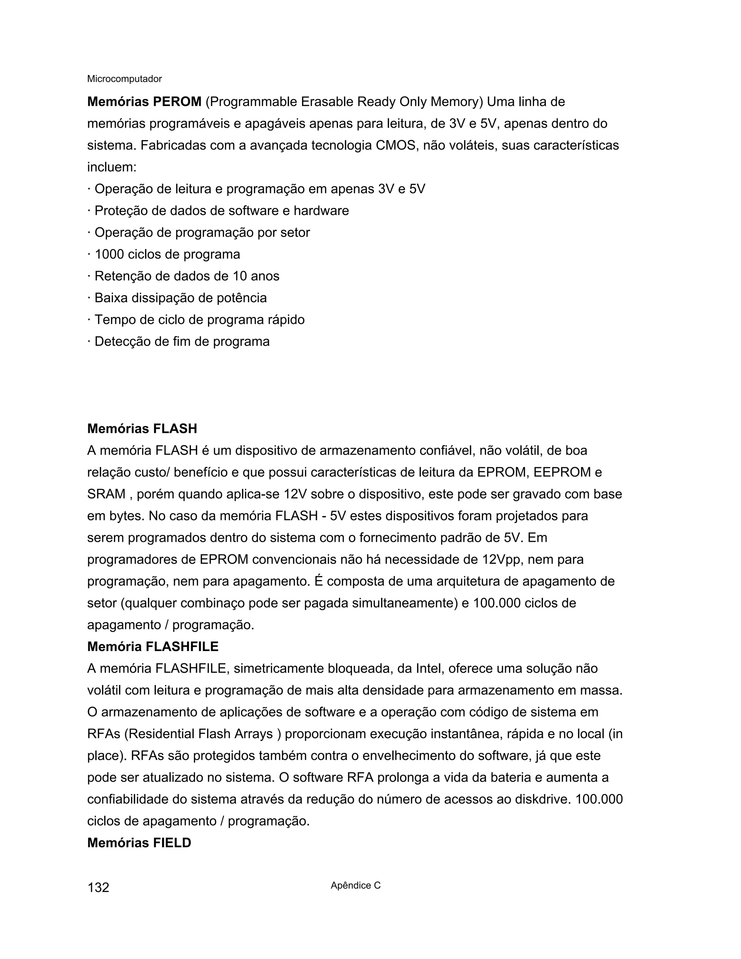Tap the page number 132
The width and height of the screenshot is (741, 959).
pyautogui.click(x=98, y=887)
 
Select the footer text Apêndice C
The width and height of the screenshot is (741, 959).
pyautogui.click(x=356, y=885)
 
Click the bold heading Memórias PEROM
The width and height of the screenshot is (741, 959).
pyautogui.click(x=144, y=102)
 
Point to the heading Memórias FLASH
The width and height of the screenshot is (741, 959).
pyautogui.click(x=142, y=428)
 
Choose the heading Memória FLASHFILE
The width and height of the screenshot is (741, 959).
pyautogui.click(x=153, y=646)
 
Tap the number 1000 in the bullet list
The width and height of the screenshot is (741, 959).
pyautogui.click(x=109, y=254)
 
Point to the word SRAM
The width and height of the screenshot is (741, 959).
pyautogui.click(x=106, y=494)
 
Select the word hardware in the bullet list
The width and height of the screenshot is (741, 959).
pyautogui.click(x=321, y=211)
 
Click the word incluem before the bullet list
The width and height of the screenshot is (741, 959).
pyautogui.click(x=111, y=167)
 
